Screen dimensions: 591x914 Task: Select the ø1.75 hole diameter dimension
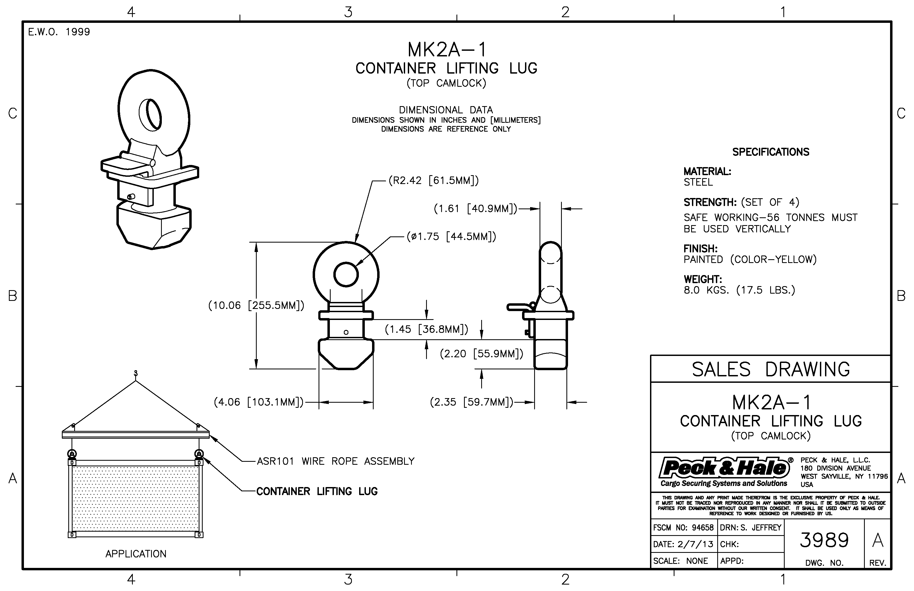coord(451,236)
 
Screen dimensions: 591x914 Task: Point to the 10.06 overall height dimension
coord(256,305)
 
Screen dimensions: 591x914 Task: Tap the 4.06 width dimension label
coord(258,402)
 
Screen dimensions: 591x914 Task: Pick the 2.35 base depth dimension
coord(471,402)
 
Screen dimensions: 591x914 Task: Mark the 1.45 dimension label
coord(426,329)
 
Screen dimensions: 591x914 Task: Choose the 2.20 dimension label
coord(481,354)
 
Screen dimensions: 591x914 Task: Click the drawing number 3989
coord(824,540)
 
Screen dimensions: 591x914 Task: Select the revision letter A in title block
coord(877,540)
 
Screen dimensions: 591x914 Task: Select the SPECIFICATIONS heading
coord(770,152)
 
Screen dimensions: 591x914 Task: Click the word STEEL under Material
coord(698,182)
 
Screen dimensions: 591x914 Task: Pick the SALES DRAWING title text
coord(770,369)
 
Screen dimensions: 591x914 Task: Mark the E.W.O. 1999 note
coord(59,32)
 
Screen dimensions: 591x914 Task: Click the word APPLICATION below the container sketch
coord(136,554)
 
